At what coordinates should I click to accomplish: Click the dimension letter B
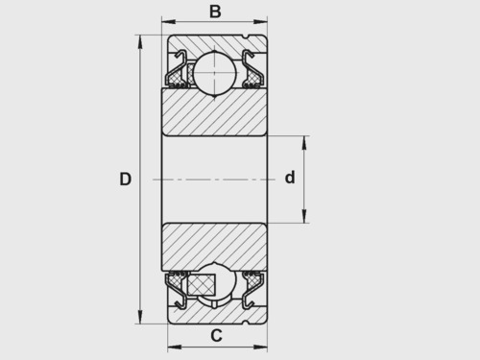click(x=215, y=12)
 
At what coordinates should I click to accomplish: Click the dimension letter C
click(x=216, y=336)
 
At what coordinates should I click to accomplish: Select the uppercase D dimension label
click(x=125, y=179)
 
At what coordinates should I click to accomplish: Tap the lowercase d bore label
click(x=290, y=177)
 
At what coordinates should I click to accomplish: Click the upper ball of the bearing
click(x=215, y=73)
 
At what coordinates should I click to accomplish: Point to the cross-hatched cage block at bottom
click(x=201, y=284)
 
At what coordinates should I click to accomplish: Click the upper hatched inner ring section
click(x=214, y=111)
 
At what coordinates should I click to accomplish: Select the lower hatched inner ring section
click(x=214, y=247)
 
